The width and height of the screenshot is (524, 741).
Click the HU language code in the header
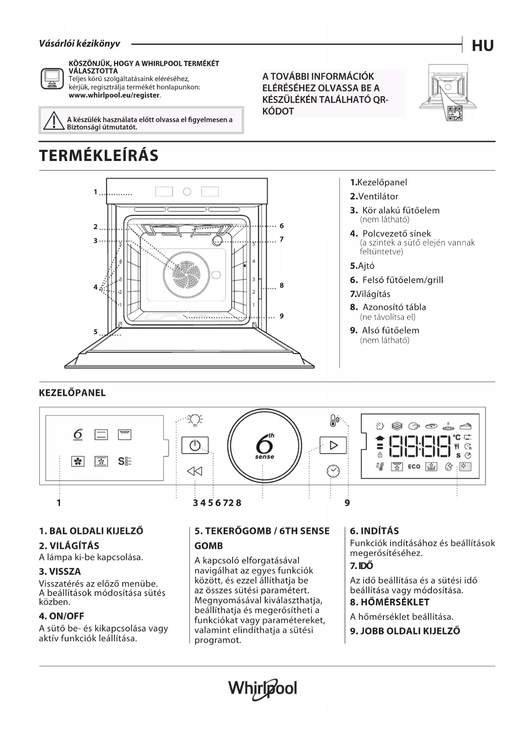click(x=483, y=46)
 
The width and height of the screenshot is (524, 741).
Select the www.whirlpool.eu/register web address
click(x=114, y=95)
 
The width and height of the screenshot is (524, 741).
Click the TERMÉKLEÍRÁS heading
click(x=99, y=155)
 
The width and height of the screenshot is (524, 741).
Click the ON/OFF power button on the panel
click(x=195, y=445)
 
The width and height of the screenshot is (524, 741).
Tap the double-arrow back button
click(x=195, y=471)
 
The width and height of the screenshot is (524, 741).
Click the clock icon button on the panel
click(x=333, y=470)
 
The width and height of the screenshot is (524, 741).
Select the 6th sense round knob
click(x=265, y=446)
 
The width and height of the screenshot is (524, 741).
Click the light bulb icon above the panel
click(x=195, y=420)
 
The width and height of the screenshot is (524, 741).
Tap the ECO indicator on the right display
click(x=414, y=466)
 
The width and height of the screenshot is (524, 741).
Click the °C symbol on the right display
click(x=457, y=437)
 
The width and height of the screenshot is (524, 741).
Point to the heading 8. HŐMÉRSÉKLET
click(x=389, y=602)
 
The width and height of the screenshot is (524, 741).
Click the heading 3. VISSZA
click(x=60, y=572)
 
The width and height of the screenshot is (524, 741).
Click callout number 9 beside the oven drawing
click(x=282, y=316)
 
